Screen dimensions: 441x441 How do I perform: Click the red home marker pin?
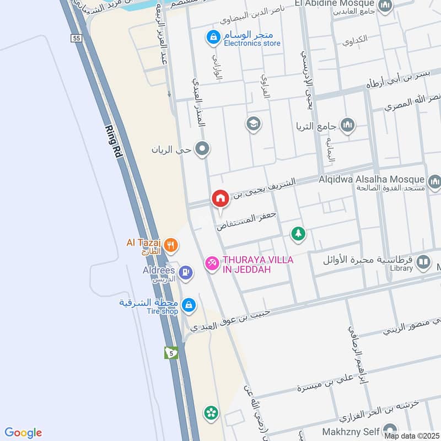(x=219, y=198)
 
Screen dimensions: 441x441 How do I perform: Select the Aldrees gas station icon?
(x=187, y=272)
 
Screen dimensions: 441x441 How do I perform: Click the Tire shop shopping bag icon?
(x=189, y=305)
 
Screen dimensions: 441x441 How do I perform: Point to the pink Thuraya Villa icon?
(x=212, y=263)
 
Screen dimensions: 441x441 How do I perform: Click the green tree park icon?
(x=298, y=234)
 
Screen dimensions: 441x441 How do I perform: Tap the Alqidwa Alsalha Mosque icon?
(x=434, y=181)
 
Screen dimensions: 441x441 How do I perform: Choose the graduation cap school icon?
(x=254, y=123)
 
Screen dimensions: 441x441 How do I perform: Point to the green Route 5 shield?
(x=172, y=352)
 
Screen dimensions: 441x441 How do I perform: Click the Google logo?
(x=23, y=433)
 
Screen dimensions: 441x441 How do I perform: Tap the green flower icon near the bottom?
(x=210, y=412)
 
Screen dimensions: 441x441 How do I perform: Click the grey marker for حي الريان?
(x=203, y=148)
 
